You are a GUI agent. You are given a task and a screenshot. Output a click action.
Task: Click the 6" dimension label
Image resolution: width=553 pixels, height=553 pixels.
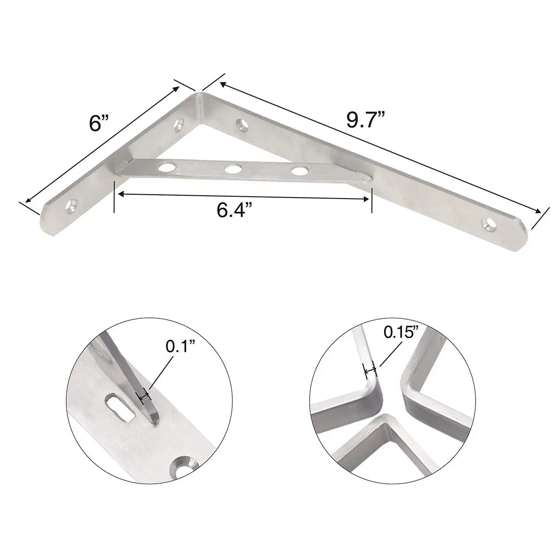(x=98, y=124)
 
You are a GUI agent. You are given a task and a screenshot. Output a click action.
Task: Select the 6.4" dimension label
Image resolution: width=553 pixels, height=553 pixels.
(x=235, y=210)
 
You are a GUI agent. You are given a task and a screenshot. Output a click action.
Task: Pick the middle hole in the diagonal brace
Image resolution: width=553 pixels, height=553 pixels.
(x=233, y=169)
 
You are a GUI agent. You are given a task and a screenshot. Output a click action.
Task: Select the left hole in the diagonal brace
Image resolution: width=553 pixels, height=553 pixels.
(x=167, y=167)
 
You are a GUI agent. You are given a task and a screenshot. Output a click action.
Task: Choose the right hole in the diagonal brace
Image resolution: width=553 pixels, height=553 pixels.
(x=299, y=170)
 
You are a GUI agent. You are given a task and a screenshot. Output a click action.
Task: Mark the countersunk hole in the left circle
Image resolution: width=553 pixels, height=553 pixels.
(x=183, y=465)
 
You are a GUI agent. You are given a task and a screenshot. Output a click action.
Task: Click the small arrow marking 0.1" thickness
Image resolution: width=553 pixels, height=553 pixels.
(x=144, y=396)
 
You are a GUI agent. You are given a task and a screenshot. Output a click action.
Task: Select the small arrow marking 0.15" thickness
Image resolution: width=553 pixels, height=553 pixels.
(x=370, y=370)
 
